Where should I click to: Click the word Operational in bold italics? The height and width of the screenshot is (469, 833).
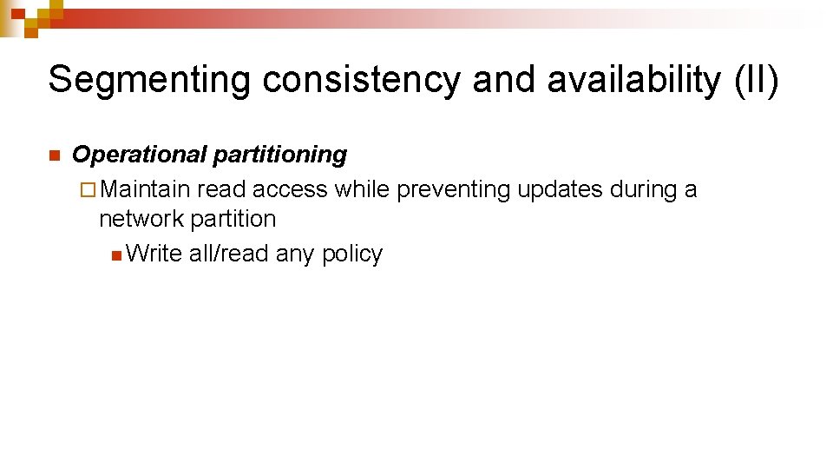pyautogui.click(x=139, y=155)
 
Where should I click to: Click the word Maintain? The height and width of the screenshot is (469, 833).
pyautogui.click(x=150, y=189)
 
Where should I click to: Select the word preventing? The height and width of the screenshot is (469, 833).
pyautogui.click(x=453, y=189)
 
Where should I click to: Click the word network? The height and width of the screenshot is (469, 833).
pyautogui.click(x=141, y=219)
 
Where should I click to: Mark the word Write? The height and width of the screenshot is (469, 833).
pyautogui.click(x=154, y=254)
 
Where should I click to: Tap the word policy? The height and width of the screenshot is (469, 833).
pyautogui.click(x=351, y=254)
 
